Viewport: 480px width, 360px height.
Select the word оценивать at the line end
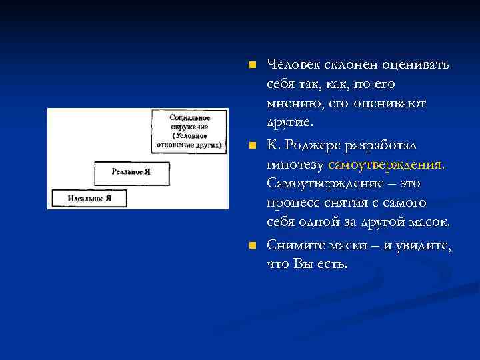point(417,65)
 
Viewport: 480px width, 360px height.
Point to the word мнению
point(294,104)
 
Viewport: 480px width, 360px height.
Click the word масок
point(429,222)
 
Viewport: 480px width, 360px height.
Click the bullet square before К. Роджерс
point(251,145)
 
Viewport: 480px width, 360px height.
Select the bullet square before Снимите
point(251,246)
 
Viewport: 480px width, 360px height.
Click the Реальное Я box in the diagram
point(131,172)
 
